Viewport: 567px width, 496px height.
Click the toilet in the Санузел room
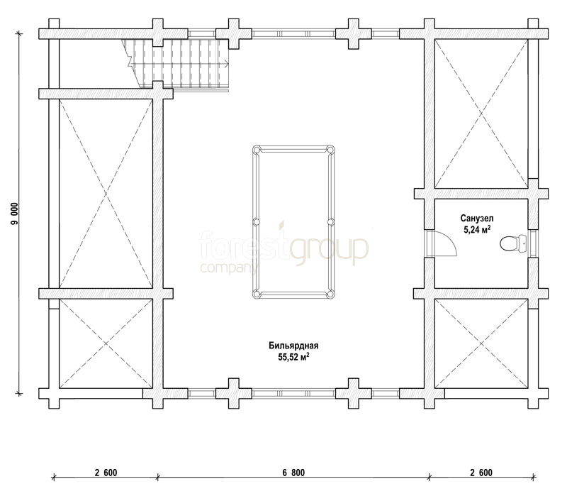coord(513,243)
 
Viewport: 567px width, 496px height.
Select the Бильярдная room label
coord(293,346)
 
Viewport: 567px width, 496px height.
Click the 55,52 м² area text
coord(293,358)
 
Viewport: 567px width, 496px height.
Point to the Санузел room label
coord(476,219)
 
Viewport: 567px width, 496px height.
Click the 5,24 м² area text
coord(477,229)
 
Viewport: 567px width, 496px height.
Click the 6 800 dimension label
coord(293,473)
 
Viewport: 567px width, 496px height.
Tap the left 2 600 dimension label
coord(106,473)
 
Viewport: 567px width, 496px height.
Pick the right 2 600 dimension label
coord(481,473)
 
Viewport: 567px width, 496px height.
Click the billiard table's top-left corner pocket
coord(256,149)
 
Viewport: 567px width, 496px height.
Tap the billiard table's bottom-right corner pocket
coord(330,294)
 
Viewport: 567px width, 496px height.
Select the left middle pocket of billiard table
coord(256,222)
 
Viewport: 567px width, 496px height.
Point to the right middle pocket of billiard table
coord(330,222)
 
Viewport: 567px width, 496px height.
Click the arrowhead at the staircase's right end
coord(226,64)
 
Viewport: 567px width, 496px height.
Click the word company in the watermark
coord(228,268)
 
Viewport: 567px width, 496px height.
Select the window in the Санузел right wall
coord(533,243)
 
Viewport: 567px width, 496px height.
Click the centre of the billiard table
coord(293,222)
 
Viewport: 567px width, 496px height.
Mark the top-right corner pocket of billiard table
coord(330,149)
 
